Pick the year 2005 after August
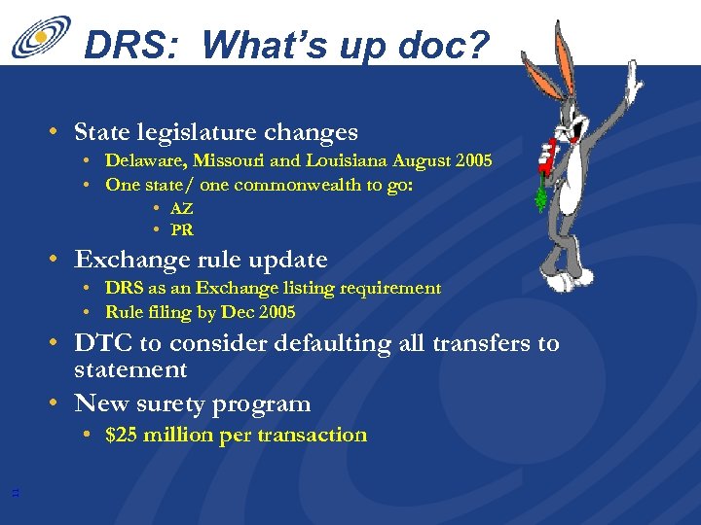(x=471, y=159)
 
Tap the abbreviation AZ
(x=182, y=208)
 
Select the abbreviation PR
(x=182, y=230)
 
